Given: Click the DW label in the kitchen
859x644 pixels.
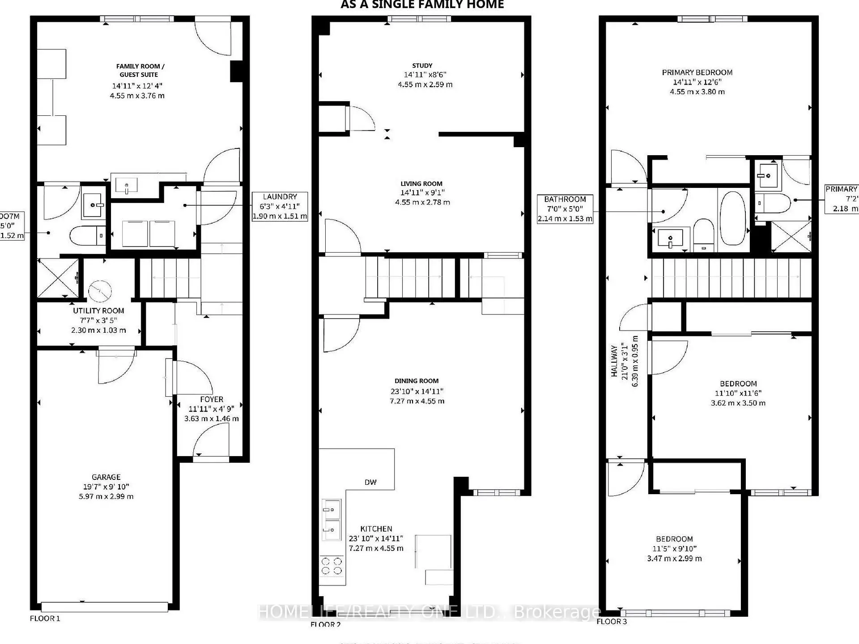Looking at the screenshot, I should point(370,482).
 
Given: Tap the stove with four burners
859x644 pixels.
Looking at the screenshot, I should point(332,566).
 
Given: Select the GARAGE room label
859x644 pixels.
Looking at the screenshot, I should point(106,477).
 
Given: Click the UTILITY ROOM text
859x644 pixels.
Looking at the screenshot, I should point(98,311).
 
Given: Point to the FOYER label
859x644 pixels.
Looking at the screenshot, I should point(212,399).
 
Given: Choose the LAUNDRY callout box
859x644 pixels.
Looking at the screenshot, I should point(280,207).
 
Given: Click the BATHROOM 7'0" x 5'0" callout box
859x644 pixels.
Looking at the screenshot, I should point(565,209).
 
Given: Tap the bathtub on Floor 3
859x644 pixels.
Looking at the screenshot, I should point(733,218).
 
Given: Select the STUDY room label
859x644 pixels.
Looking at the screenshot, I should point(422,65).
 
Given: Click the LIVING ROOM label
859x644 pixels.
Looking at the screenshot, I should point(421,184).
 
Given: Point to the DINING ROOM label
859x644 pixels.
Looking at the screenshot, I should point(417,381).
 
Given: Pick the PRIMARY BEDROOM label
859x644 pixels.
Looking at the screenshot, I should point(697,72).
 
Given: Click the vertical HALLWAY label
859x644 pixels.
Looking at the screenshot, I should point(615,361).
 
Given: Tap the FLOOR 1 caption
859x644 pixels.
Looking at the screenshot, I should point(45,619).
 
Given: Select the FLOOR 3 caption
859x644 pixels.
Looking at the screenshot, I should point(612,622).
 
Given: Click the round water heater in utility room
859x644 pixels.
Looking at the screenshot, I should point(100,292).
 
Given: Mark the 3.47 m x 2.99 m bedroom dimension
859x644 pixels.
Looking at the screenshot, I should point(674,559).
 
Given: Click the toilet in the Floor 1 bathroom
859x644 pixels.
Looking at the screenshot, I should point(87,235).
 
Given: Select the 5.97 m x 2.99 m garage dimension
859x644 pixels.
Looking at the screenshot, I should point(106,496).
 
